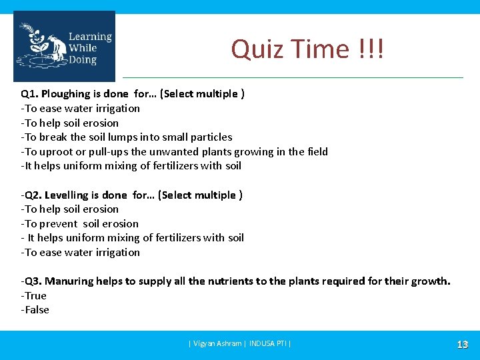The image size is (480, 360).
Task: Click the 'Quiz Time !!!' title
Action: coord(307,49)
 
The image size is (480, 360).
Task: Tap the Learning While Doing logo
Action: coord(64,47)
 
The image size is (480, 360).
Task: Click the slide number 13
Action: coord(462,344)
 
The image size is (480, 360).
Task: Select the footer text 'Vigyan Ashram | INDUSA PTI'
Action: coord(240,344)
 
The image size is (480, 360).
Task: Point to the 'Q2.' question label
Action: coord(33,195)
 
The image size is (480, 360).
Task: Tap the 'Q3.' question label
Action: coord(33,281)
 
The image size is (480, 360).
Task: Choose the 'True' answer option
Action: coord(35,295)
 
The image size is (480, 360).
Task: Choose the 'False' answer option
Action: coord(36,310)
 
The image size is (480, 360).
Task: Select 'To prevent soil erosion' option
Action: coord(81,224)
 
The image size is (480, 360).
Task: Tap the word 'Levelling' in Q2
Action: coord(71,195)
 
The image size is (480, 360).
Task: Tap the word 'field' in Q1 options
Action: coord(317,152)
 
